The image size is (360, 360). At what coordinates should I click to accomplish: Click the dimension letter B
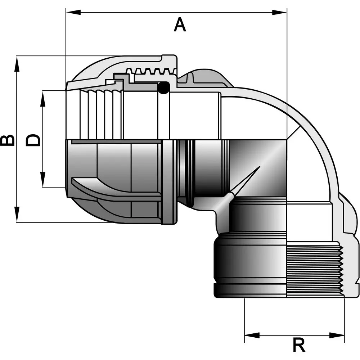(x=8, y=140)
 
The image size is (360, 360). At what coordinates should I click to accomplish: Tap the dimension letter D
(x=33, y=140)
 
